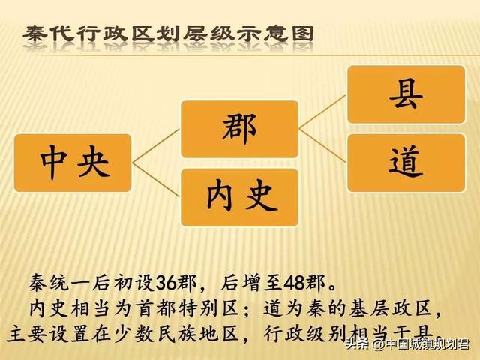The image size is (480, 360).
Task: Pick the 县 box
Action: coord(406,94)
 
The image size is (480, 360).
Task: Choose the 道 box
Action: coord(406,161)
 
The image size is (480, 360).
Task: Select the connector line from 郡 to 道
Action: coord(322,145)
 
